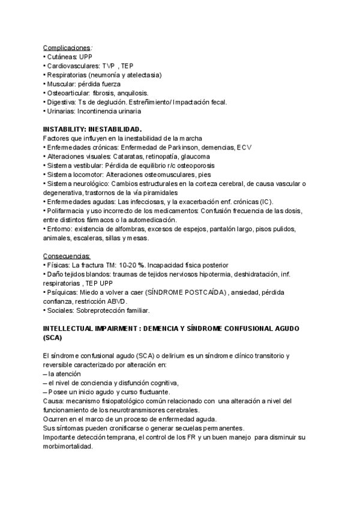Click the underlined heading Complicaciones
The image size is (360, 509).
point(67,47)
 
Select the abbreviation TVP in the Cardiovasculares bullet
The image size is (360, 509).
point(109,65)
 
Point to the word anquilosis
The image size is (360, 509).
point(130,93)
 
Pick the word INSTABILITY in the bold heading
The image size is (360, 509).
point(62,130)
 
